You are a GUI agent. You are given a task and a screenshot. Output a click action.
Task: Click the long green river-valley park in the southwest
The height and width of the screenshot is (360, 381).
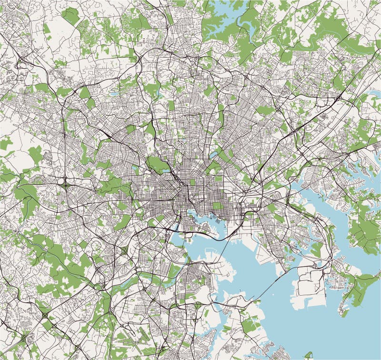tap(57, 257)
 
